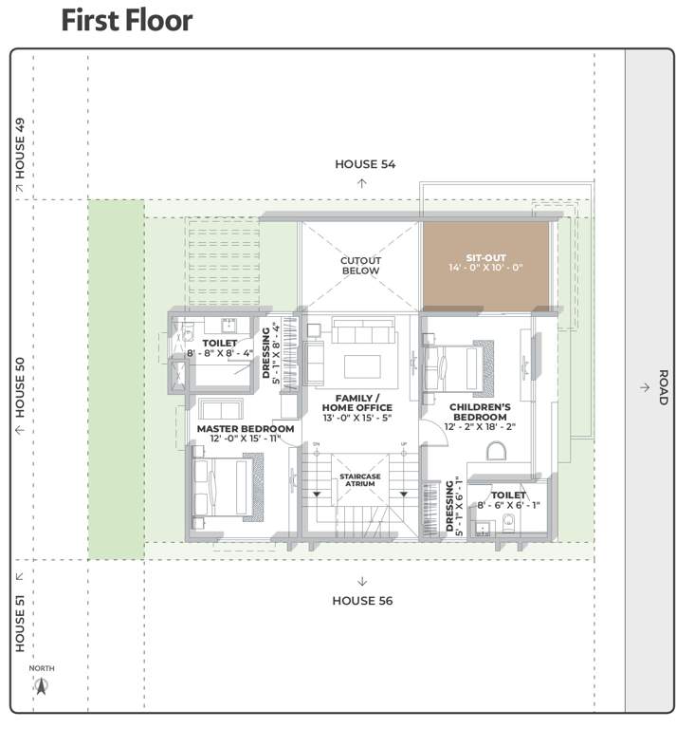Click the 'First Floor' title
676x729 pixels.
(x=126, y=21)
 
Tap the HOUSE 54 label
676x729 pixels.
(x=364, y=164)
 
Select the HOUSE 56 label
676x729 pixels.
(x=361, y=600)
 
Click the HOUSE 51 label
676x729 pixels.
(x=20, y=624)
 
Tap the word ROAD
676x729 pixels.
(x=663, y=387)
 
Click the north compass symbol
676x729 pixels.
(x=41, y=685)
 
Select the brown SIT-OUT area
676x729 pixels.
(x=485, y=264)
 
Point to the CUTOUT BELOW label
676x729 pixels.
(x=360, y=265)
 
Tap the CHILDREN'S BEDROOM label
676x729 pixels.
(x=480, y=412)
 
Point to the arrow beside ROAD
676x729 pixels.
(x=644, y=387)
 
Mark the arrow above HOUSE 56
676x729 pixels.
(x=361, y=581)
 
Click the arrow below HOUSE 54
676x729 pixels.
(x=361, y=182)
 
